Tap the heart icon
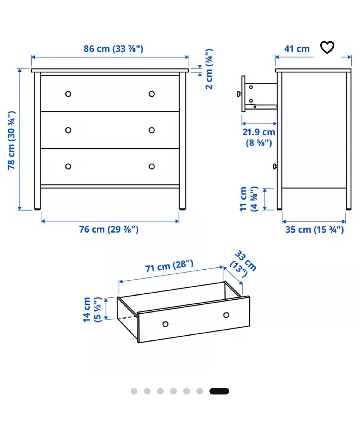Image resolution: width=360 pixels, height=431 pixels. click(327, 47)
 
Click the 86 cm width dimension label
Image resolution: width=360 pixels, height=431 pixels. click(113, 49)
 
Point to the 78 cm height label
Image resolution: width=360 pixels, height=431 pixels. click(11, 140)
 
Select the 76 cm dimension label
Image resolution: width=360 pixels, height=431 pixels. click(109, 229)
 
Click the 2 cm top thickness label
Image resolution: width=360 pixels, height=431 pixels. click(209, 69)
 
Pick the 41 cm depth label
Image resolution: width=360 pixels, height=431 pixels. click(297, 49)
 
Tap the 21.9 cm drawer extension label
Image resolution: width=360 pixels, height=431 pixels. click(259, 137)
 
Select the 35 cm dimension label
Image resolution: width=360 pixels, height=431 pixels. click(315, 230)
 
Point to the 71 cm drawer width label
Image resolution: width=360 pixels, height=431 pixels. click(169, 266)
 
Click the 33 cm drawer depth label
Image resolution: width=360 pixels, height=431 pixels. click(243, 264)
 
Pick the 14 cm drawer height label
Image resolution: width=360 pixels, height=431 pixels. click(92, 310)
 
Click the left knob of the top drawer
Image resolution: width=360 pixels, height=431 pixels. click(68, 94)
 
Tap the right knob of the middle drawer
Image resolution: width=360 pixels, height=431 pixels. click(152, 130)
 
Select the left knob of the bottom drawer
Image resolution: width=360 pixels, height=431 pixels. click(68, 166)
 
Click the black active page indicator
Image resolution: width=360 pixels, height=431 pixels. click(219, 391)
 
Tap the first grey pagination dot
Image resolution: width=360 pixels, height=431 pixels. click(134, 391)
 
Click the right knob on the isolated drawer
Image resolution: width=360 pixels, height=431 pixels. click(226, 315)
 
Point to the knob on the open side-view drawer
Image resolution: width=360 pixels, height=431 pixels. click(239, 94)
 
